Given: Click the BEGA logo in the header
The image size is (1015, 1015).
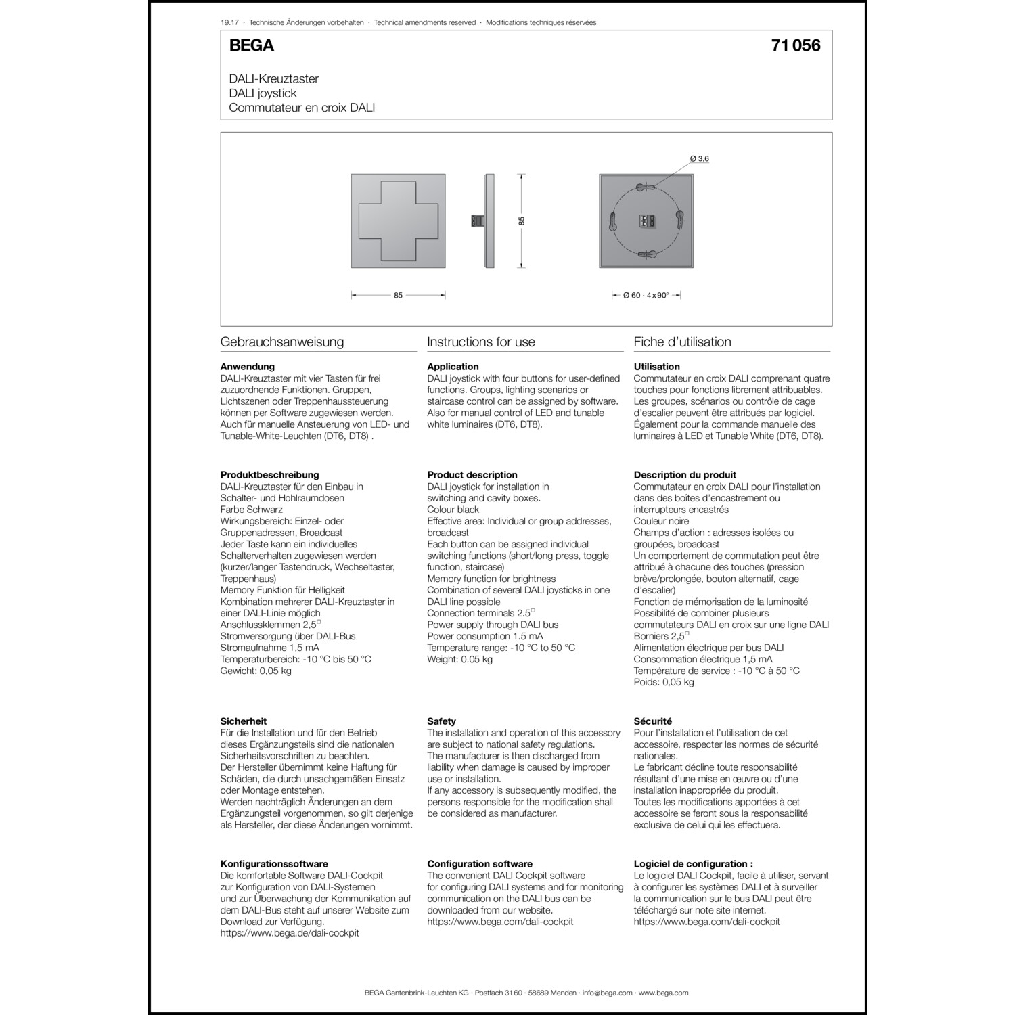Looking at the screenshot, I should point(251,45).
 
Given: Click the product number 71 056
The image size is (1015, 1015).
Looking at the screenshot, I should point(795,45).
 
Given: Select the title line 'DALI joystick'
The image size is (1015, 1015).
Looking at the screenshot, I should point(263,93).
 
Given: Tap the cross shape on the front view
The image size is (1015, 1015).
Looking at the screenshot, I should point(398,221).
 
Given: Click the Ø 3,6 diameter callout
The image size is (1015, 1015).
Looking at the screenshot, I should point(699,159).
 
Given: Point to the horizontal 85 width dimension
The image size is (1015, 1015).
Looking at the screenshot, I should point(398,295).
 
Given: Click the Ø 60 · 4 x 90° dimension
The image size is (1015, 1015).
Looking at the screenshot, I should point(646,295).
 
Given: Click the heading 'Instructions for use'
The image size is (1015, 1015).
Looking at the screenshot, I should point(480,342).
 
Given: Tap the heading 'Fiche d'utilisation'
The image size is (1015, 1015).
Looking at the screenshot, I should point(682,342).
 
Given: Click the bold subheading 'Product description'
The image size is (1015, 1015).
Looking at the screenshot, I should point(472,475).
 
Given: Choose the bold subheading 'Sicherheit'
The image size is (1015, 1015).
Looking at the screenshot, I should point(244,721).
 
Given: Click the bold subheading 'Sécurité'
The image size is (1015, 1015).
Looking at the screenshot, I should point(652,721).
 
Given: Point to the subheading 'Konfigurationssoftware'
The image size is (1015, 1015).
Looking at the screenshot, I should point(274,864).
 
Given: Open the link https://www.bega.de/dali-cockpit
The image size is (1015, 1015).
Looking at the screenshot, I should point(290,933).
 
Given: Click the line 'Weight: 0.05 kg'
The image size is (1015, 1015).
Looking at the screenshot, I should point(459,659).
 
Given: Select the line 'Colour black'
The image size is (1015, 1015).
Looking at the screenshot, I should point(453,510).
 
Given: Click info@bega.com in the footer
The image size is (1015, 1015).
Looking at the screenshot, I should point(607,993).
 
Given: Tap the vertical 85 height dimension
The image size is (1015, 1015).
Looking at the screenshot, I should point(522,221).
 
